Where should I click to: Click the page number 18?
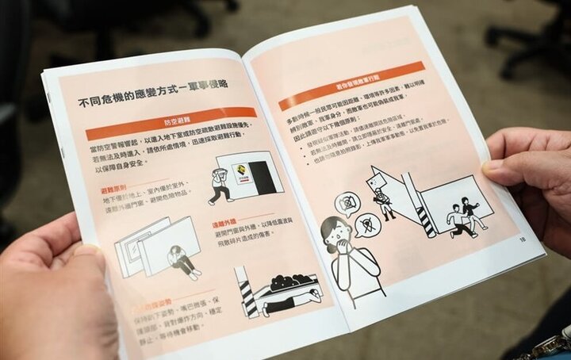522,238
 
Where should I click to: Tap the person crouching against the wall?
182,261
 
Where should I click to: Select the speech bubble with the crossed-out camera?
347,205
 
